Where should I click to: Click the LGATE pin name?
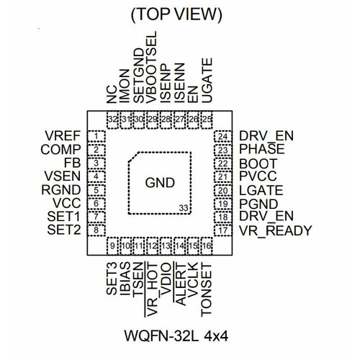261,190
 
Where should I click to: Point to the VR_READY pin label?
275,230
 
